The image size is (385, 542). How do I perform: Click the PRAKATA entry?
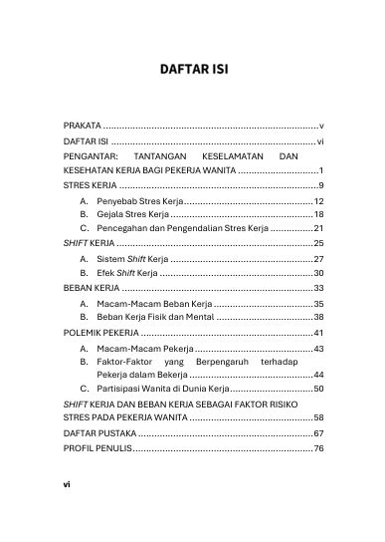tap(82, 128)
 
